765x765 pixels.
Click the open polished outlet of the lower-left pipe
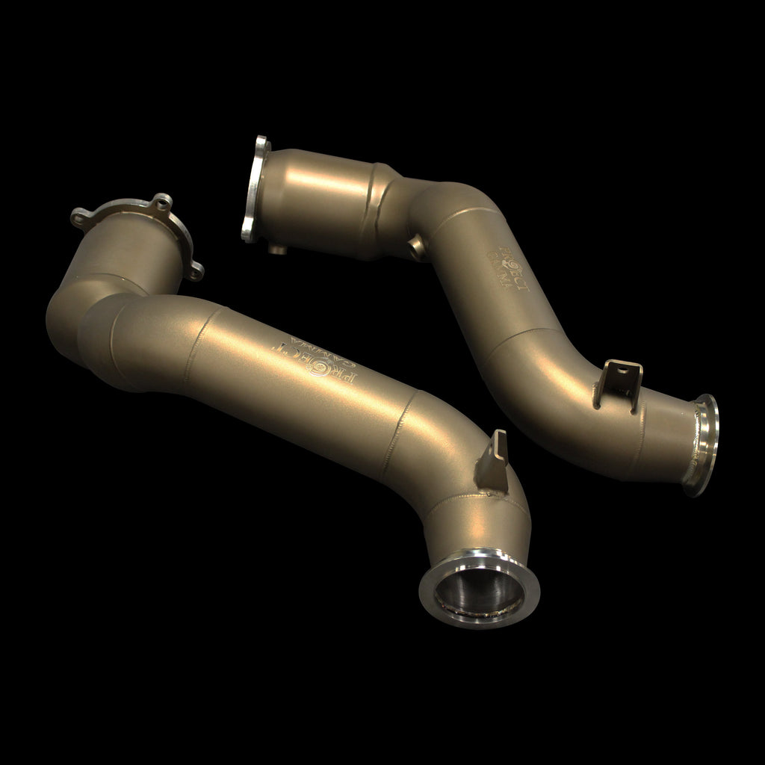point(480,589)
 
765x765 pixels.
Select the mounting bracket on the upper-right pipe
point(619,384)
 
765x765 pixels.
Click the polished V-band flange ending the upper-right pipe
point(700,445)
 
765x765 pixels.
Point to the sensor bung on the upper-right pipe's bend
point(416,247)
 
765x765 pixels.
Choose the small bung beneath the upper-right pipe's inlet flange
point(279,248)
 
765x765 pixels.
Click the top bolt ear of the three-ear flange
point(161,202)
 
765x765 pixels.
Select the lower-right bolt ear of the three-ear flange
point(195,271)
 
